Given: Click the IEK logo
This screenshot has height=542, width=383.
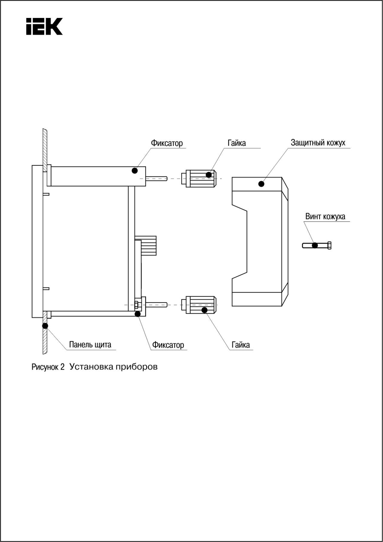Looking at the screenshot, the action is [x=44, y=26].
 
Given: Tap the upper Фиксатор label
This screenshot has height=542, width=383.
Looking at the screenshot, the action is [x=167, y=143].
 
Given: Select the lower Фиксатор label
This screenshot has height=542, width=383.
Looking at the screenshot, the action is [x=168, y=345].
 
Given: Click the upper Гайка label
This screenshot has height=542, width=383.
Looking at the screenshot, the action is [x=237, y=143].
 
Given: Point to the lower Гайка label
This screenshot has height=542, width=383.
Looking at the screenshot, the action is [x=241, y=345].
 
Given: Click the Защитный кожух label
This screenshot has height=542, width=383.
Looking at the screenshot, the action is [x=318, y=143].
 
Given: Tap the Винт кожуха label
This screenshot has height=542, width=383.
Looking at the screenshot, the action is [x=325, y=216].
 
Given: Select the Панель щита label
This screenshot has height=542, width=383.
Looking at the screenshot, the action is [x=90, y=345].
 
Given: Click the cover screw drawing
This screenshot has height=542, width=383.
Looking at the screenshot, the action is [x=317, y=245].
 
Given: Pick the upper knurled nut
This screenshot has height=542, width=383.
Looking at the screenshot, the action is [x=199, y=179].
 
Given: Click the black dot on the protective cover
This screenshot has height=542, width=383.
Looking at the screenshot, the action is [x=261, y=184].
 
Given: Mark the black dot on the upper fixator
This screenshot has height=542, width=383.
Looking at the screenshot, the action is [x=135, y=170].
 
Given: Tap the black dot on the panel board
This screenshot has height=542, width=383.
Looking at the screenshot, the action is [x=45, y=326].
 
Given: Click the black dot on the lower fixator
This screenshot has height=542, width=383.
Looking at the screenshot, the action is [x=138, y=314].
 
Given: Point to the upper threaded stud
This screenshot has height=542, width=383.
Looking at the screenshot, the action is [x=156, y=179].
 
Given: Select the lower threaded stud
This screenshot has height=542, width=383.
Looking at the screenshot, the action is [x=156, y=305].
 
